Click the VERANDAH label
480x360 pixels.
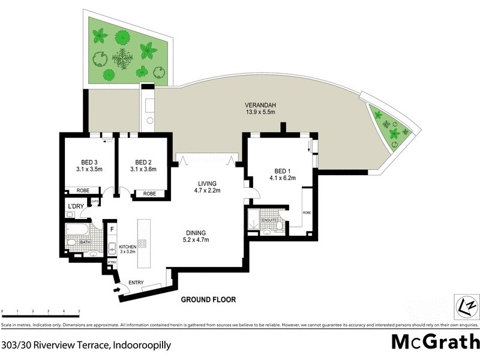260,103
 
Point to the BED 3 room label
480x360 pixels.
90,161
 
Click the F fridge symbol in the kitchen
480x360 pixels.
112,228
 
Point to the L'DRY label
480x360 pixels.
76,206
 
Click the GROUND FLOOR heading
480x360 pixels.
209,299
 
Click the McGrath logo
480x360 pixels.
435,342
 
